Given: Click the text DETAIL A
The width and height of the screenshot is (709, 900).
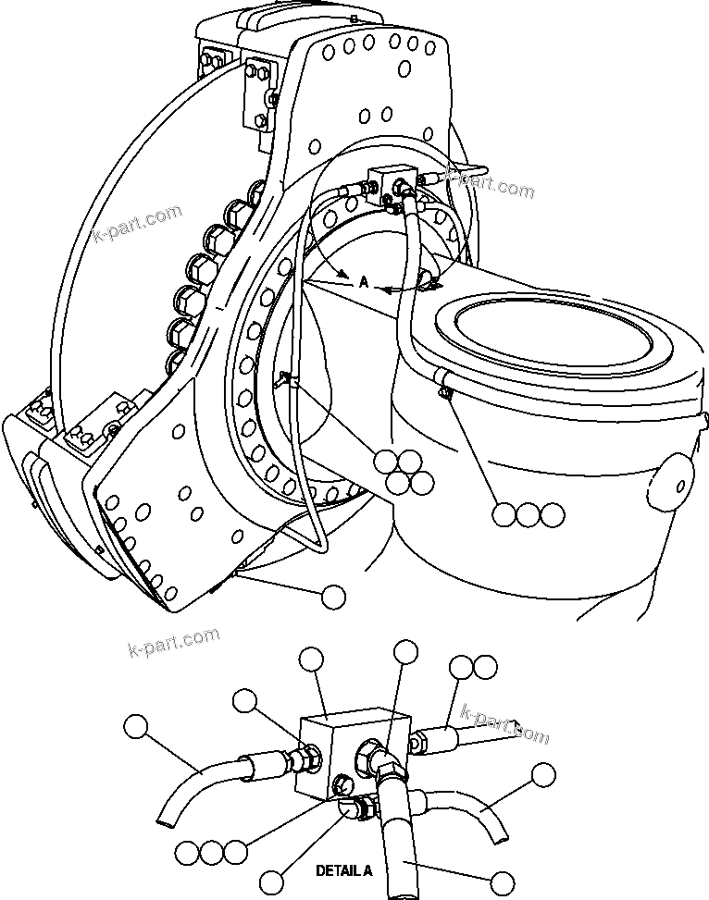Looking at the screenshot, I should click(344, 870).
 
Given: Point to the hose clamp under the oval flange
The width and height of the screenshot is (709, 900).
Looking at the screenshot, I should click(445, 388).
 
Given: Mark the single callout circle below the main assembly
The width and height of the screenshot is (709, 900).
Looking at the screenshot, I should click(333, 597).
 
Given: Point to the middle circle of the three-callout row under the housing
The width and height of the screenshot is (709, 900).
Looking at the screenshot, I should click(528, 515).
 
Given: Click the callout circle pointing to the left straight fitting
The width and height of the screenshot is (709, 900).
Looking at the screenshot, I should click(245, 701).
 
